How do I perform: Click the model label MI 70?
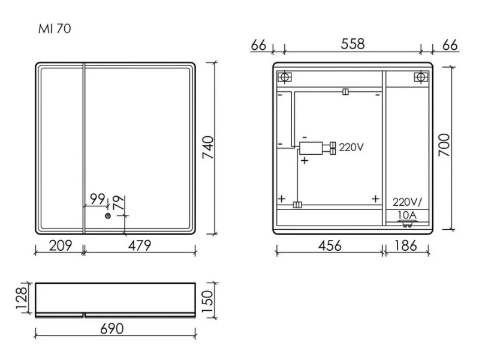tap(55, 29)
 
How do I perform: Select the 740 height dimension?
tap(208, 147)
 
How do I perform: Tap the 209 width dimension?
tap(60, 245)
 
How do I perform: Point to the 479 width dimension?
tap(140, 245)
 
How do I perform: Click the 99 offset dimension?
tap(98, 199)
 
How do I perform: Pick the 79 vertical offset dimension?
tap(119, 202)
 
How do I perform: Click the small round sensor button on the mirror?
tap(107, 216)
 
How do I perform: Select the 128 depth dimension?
tap(22, 298)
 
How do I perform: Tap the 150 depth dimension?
tap(207, 301)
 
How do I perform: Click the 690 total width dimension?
tap(112, 329)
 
